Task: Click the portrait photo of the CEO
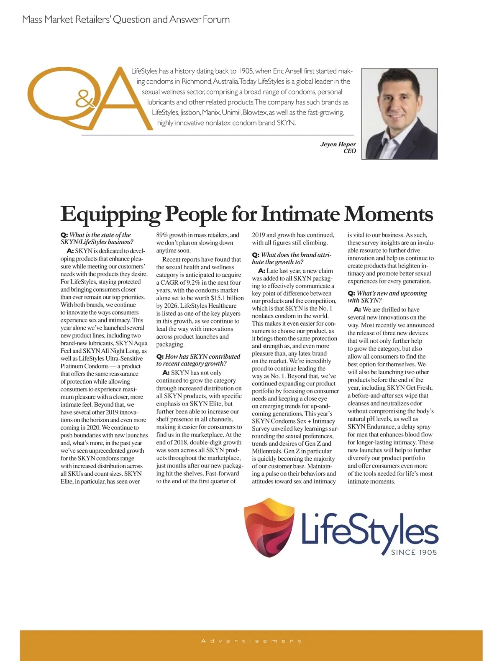[x=399, y=114]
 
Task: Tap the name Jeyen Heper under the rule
[x=338, y=144]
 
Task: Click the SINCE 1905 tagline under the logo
[x=414, y=552]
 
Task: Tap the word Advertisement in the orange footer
[x=251, y=641]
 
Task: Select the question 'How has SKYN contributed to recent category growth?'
[x=198, y=360]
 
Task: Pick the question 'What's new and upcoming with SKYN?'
[x=387, y=297]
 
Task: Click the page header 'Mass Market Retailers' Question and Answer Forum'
[x=126, y=20]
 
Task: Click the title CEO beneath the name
[x=350, y=151]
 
